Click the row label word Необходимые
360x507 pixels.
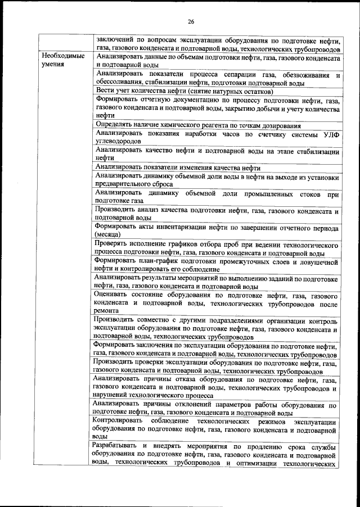62,57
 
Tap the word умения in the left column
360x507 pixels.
52,65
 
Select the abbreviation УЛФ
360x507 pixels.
330,134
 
